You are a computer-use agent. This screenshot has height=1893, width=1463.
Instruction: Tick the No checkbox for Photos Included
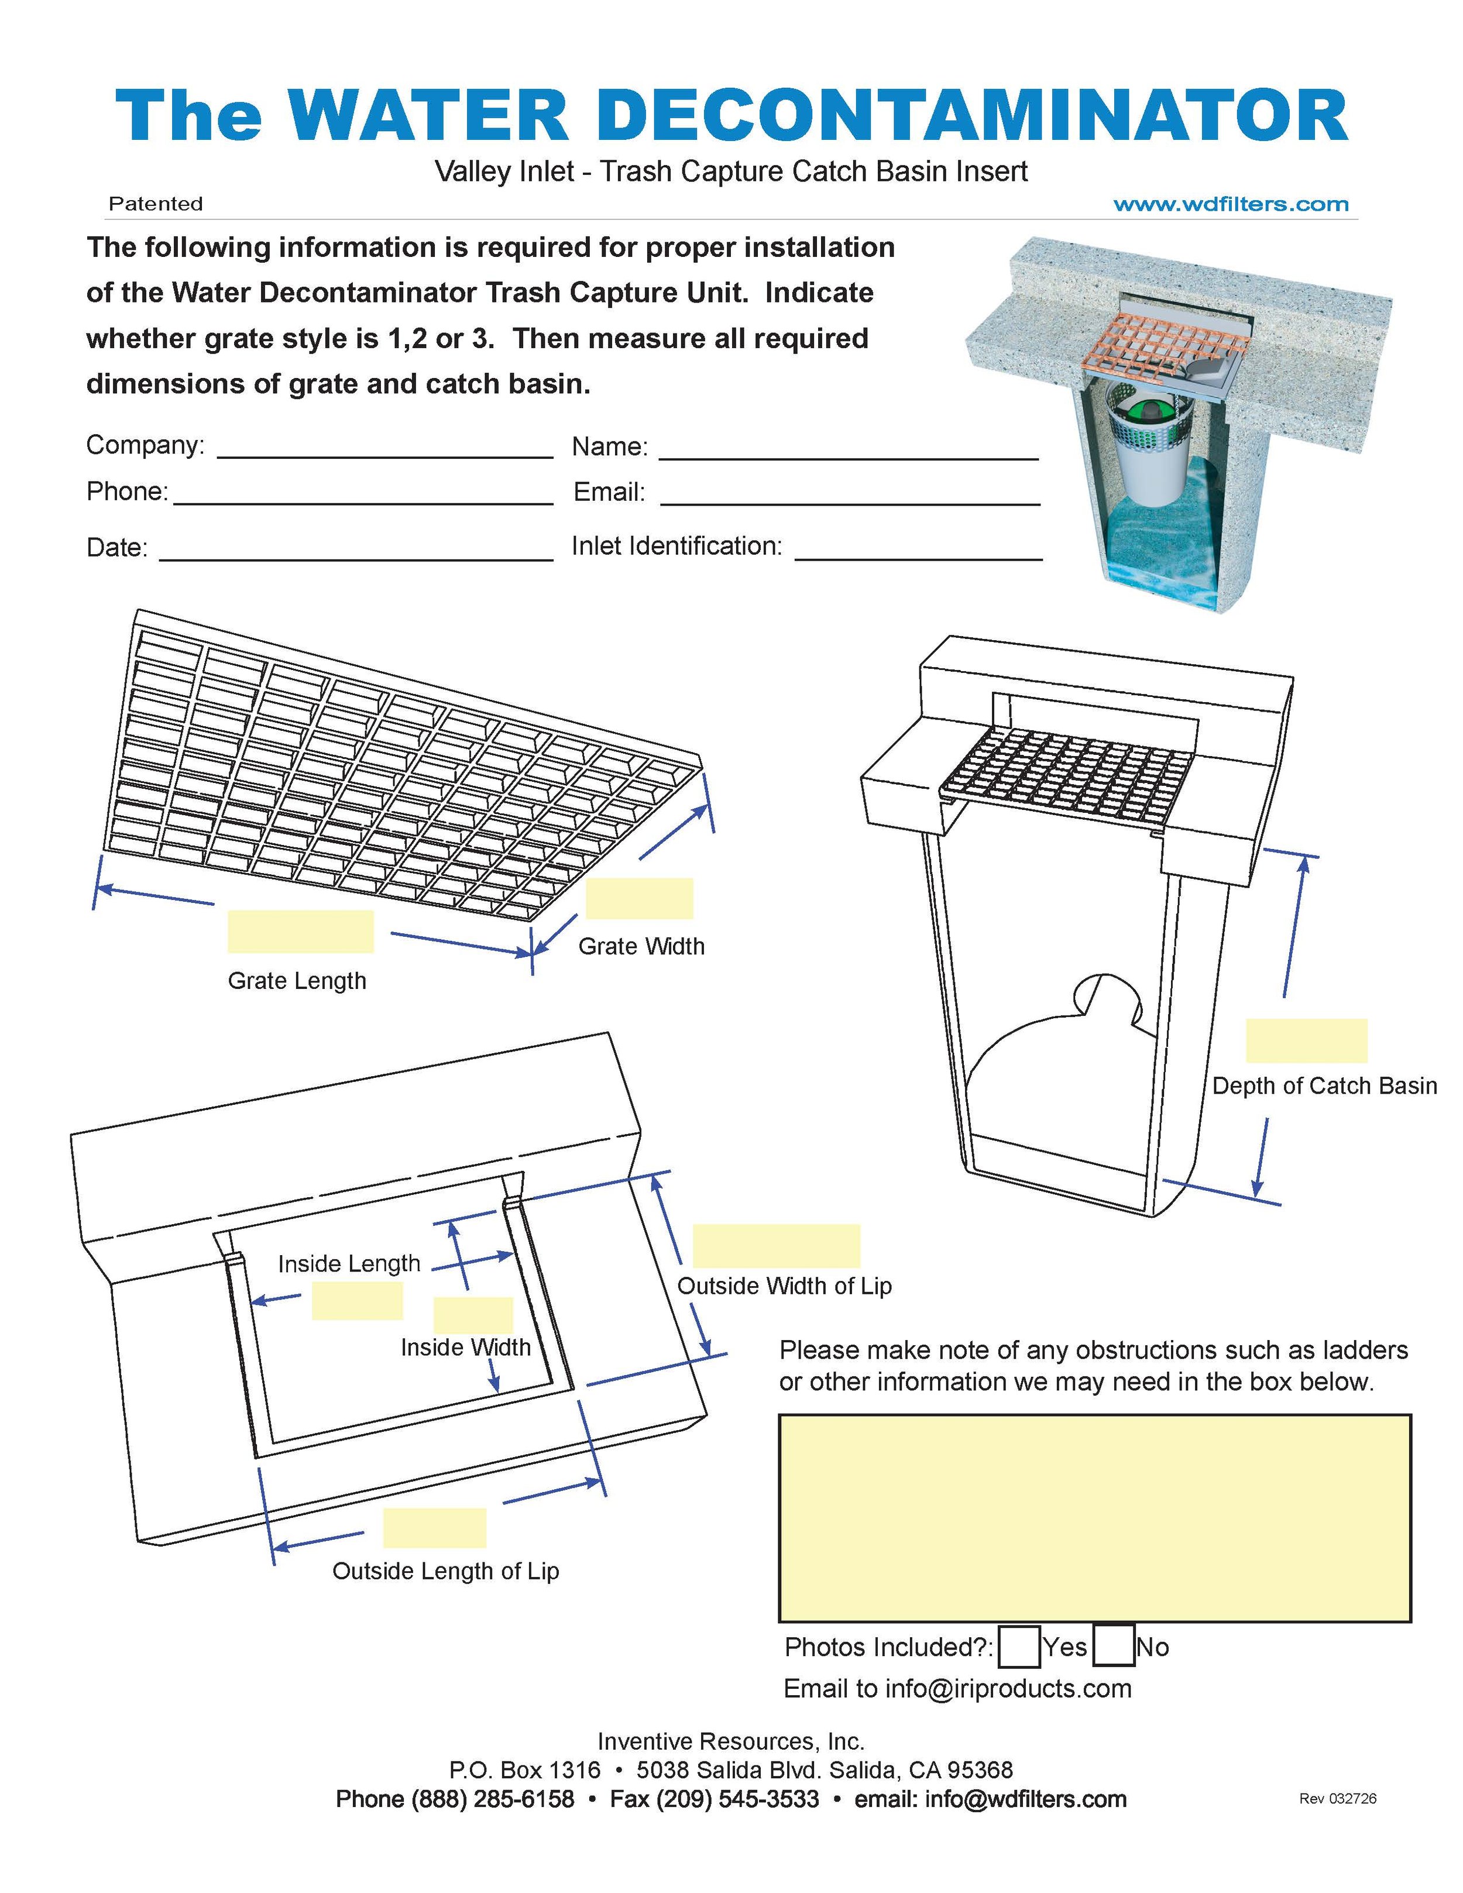point(1113,1647)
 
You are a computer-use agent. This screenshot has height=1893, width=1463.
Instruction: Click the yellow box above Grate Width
point(639,898)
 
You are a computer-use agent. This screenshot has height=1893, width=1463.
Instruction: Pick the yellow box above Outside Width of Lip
point(776,1246)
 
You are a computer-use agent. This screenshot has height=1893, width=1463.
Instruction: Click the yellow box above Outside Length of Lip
point(434,1527)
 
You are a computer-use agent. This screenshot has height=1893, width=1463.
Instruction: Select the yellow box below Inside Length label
point(356,1301)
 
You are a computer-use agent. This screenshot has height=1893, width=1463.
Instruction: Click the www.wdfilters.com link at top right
point(1231,205)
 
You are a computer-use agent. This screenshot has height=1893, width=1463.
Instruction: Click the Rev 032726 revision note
point(1337,1799)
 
